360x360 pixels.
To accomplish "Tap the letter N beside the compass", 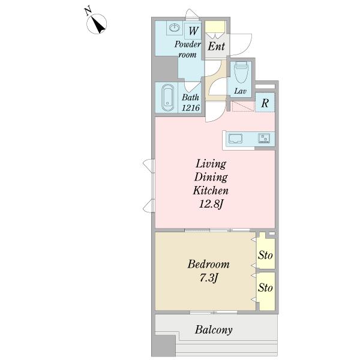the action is pos(88,11).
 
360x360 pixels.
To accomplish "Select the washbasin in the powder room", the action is pos(175,28).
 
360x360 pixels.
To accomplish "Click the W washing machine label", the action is pos(193,31).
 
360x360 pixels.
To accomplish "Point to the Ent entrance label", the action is pos(216,46).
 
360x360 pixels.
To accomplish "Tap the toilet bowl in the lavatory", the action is pos(241,72).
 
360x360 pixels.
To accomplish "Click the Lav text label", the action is pos(240,91).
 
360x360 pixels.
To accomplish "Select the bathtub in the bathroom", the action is pos(168,98).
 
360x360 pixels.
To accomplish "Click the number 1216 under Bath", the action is pos(191,107).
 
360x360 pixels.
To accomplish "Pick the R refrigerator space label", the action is pos(265,103).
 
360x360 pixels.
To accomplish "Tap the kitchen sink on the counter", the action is pos(235,139).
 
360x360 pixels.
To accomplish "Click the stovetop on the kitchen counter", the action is pos(264,138).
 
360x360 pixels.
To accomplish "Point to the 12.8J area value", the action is pos(211,203).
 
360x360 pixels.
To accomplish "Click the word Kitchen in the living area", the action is pos(211,190).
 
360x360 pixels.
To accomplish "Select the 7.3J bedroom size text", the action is pos(208,278).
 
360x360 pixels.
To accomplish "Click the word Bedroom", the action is pos(208,264).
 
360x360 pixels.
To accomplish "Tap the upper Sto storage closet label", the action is pos(265,255).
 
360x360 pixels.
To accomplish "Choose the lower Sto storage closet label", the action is pos(265,287).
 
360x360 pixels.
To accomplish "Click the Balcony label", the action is pos(214,330).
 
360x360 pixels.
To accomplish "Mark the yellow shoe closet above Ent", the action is pos(215,27).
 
